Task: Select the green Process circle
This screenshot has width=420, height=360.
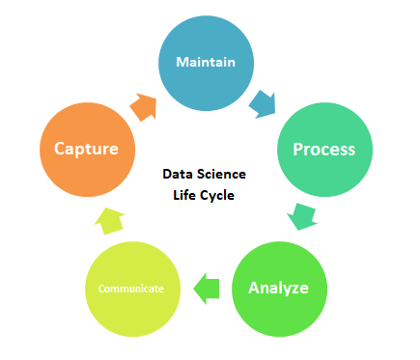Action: (x=323, y=150)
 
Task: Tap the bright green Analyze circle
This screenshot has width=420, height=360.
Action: (x=279, y=287)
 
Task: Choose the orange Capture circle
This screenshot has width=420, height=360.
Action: (x=86, y=149)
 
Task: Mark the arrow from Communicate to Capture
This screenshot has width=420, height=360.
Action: (x=110, y=219)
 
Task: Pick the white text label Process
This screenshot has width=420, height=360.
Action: (x=323, y=150)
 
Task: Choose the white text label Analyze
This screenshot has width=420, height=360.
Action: (x=279, y=287)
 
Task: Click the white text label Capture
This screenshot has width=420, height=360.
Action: (x=86, y=149)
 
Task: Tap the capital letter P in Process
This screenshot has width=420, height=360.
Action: (x=297, y=150)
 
